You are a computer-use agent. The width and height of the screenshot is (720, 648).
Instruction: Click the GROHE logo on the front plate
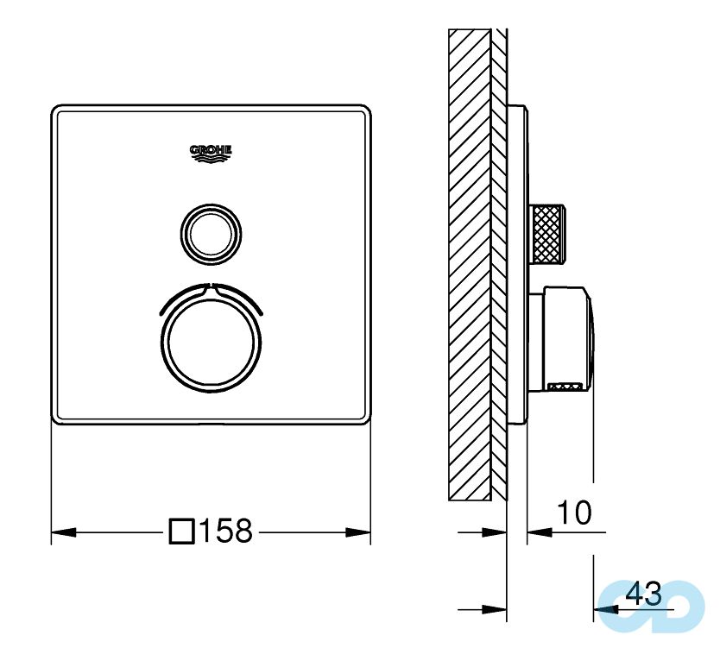click(x=212, y=153)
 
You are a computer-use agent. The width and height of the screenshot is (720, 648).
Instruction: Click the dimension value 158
click(x=226, y=531)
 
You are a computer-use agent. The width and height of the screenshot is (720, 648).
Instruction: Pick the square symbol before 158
click(x=182, y=531)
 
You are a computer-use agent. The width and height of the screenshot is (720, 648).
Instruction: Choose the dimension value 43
click(x=643, y=594)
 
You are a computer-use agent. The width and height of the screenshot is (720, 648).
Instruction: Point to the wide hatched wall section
click(x=470, y=259)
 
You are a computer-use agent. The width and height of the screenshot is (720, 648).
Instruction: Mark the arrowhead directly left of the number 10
click(x=534, y=532)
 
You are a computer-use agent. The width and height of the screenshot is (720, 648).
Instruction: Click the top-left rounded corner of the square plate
click(x=57, y=110)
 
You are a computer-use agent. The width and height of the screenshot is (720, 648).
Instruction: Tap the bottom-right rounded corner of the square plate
click(x=366, y=418)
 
